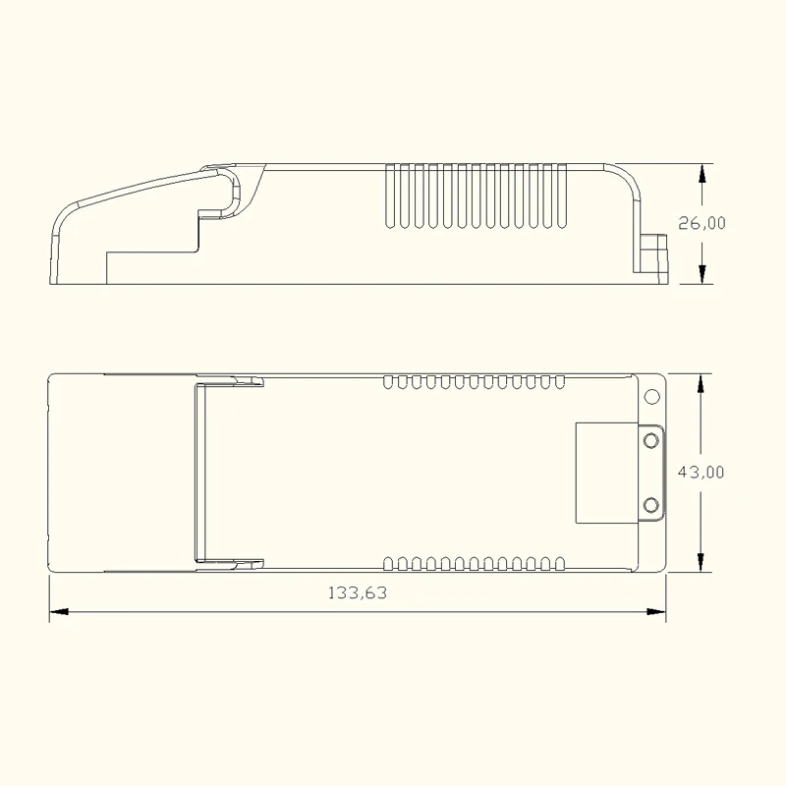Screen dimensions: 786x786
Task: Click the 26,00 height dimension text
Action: coord(702,223)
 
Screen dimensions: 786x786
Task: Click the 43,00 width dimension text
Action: coord(702,472)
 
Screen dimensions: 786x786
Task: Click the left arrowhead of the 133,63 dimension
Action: coord(59,611)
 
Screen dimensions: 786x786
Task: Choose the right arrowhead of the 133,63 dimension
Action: coord(657,611)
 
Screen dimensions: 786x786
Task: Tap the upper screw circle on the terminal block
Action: coord(650,440)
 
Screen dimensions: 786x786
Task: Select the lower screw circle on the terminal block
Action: coord(650,505)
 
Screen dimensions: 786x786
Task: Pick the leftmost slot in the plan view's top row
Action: coord(388,379)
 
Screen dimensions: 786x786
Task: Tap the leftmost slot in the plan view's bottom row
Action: coord(388,563)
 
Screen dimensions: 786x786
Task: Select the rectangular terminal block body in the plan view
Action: coord(605,472)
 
